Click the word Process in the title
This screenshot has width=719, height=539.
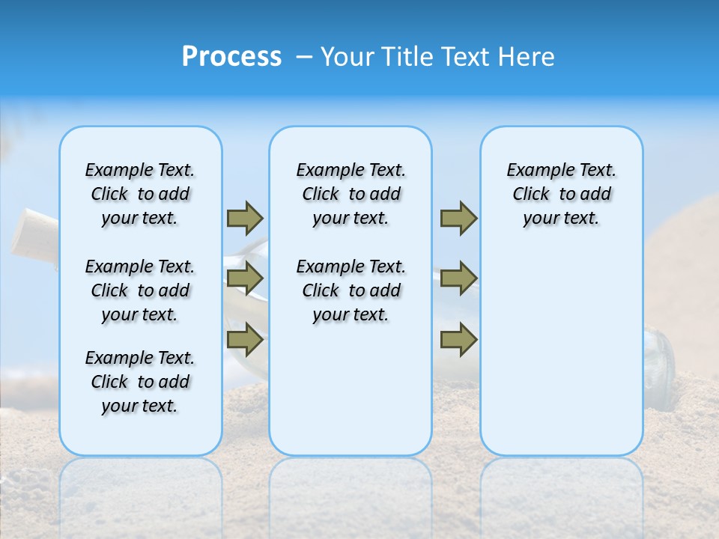231,57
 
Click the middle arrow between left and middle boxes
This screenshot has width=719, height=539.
245,279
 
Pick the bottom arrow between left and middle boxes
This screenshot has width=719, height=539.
245,341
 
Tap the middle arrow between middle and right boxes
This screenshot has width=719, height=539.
458,279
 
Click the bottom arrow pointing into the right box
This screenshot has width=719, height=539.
458,341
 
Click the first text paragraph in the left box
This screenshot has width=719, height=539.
140,194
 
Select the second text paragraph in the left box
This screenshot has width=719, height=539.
140,290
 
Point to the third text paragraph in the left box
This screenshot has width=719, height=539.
140,382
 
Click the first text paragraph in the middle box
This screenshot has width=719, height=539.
351,194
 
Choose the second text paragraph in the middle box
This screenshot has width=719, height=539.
351,290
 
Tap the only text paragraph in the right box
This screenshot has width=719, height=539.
561,194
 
